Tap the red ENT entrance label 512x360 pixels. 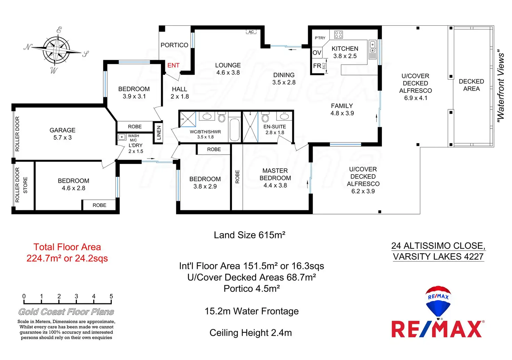click(173, 65)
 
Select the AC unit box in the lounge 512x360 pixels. click(251, 32)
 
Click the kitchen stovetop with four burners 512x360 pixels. click(338, 34)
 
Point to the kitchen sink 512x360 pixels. click(373, 50)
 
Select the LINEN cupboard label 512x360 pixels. click(159, 133)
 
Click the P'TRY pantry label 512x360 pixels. click(320, 38)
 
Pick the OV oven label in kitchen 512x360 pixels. click(317, 53)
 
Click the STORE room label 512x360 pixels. click(25, 185)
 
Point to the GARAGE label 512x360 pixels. click(63, 130)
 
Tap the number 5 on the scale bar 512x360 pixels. click(111, 296)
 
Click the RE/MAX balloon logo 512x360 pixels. click(438, 301)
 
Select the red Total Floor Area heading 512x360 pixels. click(67, 247)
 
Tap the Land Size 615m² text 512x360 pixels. click(249, 235)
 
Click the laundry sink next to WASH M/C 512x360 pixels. click(122, 137)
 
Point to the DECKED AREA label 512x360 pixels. click(471, 85)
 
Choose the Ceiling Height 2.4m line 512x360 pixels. click(250, 333)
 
